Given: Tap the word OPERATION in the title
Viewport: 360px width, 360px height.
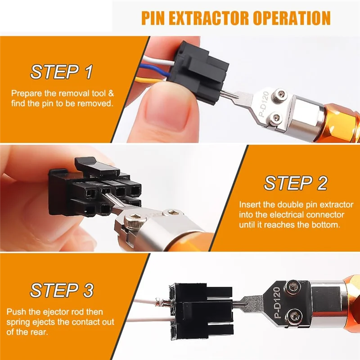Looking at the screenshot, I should pos(293,18).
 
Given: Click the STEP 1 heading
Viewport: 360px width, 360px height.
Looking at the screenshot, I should pos(62,72).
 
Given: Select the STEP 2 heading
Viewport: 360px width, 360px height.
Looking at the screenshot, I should pos(296,183).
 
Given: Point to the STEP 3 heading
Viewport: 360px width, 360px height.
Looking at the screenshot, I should pos(62,290).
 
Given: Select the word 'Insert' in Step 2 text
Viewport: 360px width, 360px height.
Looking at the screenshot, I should pos(248,204).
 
